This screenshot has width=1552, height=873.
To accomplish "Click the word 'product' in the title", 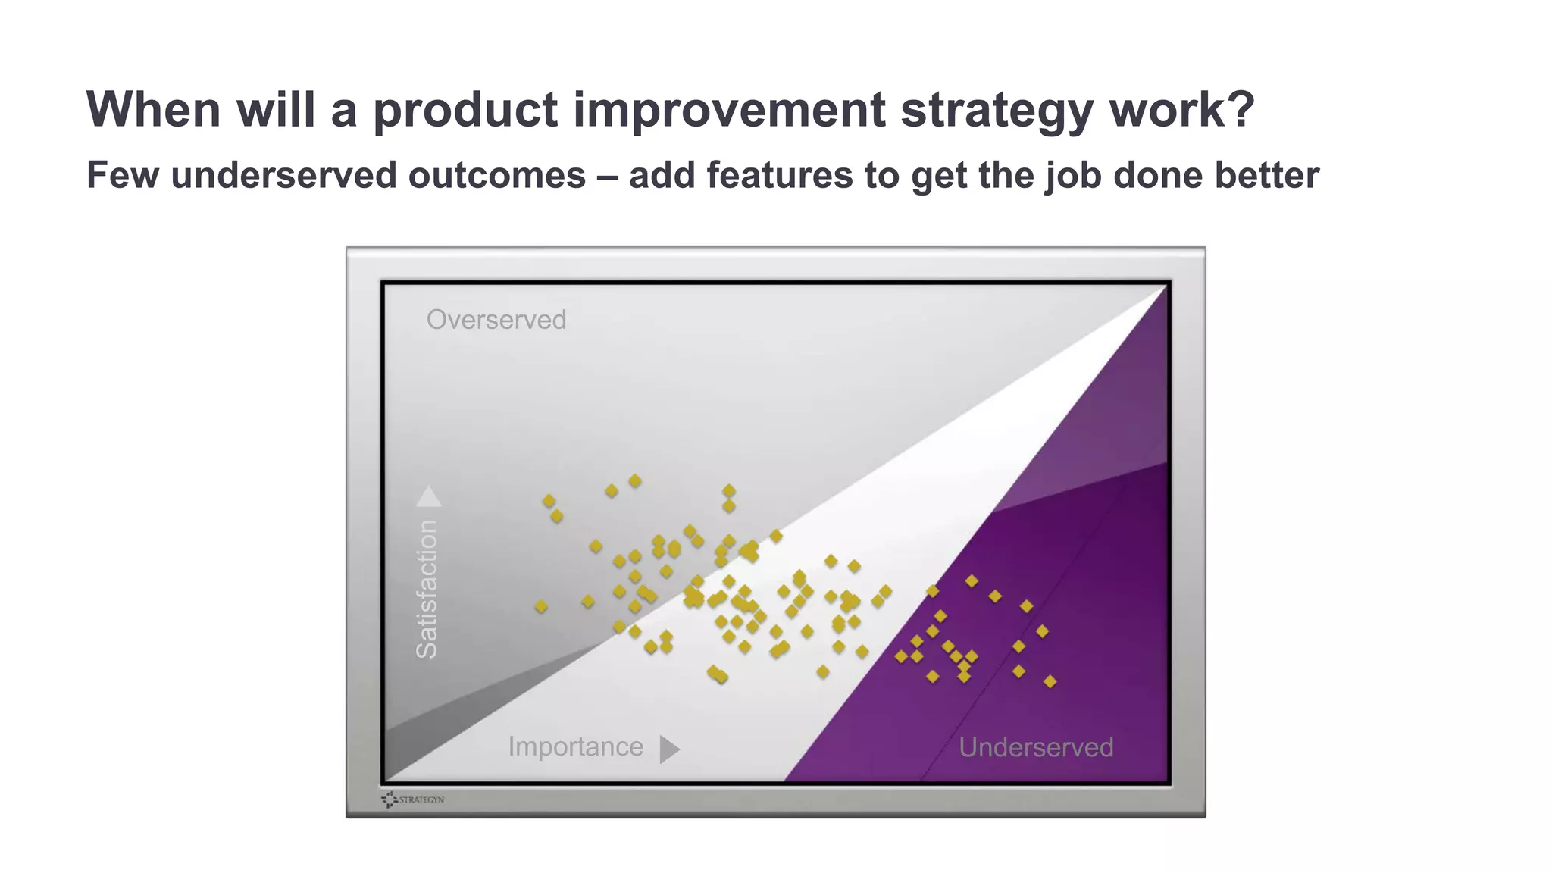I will [465, 110].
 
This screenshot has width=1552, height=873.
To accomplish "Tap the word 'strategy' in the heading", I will [996, 110].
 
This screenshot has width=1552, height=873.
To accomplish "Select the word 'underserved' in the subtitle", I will [289, 175].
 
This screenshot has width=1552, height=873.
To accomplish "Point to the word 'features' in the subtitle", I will [779, 175].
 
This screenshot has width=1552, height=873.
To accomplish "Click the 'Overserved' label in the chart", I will [496, 320].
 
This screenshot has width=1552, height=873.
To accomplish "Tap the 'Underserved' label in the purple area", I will [1036, 747].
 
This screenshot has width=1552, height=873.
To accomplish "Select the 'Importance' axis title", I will [575, 746].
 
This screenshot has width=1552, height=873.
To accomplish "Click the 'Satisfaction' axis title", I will [427, 588].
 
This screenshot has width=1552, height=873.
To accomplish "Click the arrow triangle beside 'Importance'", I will [668, 749].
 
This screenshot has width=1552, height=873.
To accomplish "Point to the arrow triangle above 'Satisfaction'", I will [428, 497].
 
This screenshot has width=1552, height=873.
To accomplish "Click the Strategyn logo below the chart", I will [413, 799].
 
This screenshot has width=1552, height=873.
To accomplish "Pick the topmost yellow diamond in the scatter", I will [635, 481].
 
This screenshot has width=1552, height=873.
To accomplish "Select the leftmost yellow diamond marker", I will [541, 606].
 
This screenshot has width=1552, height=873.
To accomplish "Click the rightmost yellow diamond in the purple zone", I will [1050, 682].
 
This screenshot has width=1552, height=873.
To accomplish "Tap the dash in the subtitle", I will [607, 176].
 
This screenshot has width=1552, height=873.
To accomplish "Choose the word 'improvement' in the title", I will [728, 110].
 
